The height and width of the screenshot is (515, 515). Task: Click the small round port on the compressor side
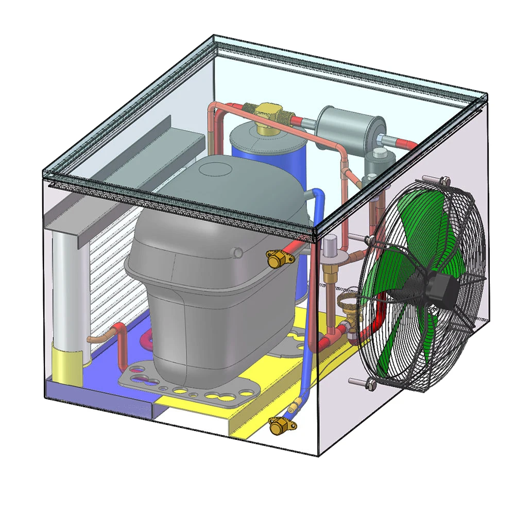coord(238,252)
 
